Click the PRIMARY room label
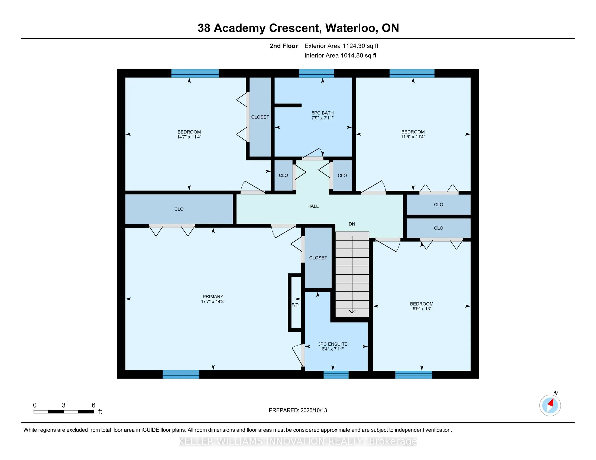click(213, 297)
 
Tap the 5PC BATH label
click(323, 113)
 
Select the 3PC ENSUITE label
click(333, 344)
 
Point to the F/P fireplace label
click(295, 305)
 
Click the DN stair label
click(352, 224)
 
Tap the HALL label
click(313, 206)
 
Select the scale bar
click(64, 412)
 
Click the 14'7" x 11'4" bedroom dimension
click(189, 137)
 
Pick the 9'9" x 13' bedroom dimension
click(422, 309)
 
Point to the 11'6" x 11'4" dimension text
click(413, 137)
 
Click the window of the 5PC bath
click(316, 73)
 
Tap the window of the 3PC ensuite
click(336, 375)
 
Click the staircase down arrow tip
click(352, 313)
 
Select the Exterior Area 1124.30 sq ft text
click(341, 46)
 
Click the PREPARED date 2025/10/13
click(313, 410)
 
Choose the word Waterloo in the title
click(352, 28)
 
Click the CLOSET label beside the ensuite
click(318, 258)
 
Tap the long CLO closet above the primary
click(179, 209)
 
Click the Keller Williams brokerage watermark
click(298, 441)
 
